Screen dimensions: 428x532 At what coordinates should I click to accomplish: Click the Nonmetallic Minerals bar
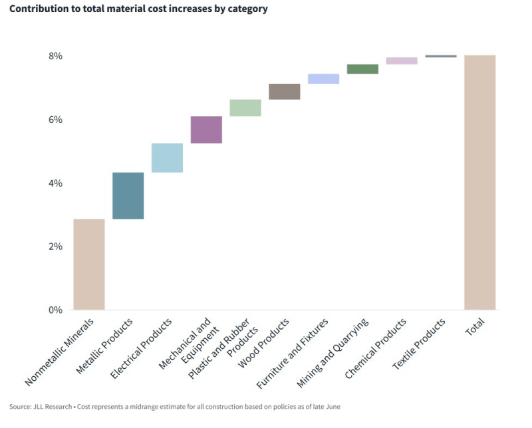[89, 265]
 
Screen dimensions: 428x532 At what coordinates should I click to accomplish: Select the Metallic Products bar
[128, 195]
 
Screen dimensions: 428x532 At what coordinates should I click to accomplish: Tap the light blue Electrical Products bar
[167, 158]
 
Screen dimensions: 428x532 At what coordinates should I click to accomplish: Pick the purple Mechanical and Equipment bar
[206, 130]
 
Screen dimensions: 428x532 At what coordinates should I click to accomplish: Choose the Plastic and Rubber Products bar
[245, 108]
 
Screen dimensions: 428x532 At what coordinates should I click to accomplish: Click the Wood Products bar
[285, 92]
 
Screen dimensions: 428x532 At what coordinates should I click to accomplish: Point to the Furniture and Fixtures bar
[324, 78]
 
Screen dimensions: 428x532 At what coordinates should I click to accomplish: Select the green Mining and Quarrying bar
[362, 69]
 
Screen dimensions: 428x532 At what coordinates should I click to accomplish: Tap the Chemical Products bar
[402, 60]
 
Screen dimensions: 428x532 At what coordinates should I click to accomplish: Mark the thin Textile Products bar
[441, 56]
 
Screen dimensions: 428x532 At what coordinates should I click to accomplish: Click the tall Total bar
[480, 182]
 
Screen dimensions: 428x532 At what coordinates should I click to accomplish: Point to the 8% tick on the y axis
[55, 56]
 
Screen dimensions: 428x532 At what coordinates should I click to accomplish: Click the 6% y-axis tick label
[55, 120]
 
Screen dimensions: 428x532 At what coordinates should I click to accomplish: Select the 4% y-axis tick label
[55, 183]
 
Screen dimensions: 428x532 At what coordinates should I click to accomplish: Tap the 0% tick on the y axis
[55, 310]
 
